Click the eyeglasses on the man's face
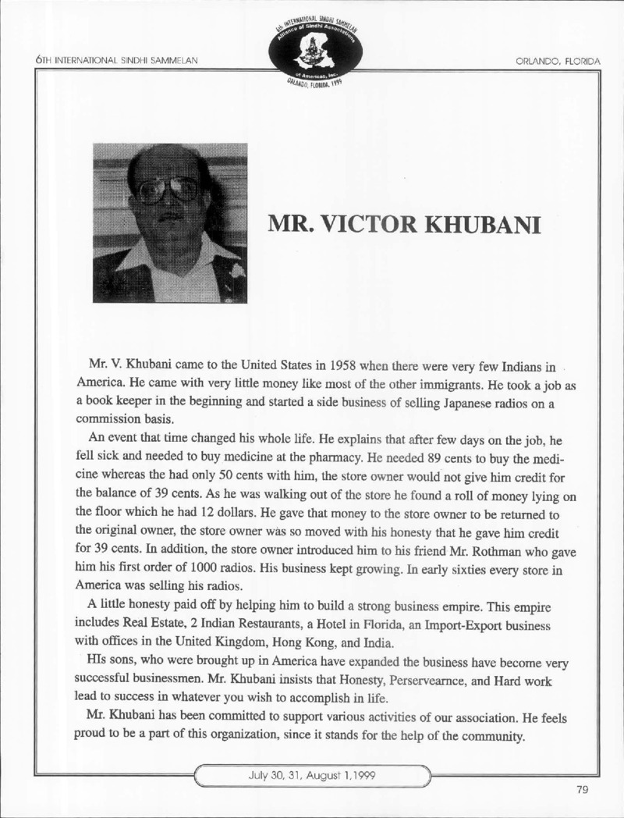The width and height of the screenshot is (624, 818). coord(168,190)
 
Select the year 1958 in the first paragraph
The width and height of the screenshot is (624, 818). coord(346,366)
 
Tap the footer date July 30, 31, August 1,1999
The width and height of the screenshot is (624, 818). coord(311,776)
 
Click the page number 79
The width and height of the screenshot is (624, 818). coord(583,790)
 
